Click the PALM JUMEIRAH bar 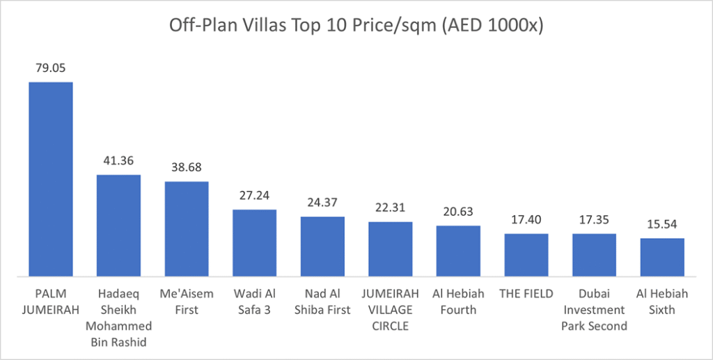(x=50, y=179)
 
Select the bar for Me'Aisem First (x=187, y=229)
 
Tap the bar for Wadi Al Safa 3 (x=254, y=243)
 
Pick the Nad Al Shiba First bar (x=322, y=246)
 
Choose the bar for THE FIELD (x=526, y=255)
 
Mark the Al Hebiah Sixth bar (x=662, y=258)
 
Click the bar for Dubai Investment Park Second (x=595, y=255)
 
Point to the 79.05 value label (x=50, y=69)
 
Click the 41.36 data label (x=118, y=162)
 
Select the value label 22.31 (x=391, y=208)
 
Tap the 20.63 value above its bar (x=459, y=212)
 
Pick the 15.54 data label (x=662, y=225)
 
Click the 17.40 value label (x=526, y=220)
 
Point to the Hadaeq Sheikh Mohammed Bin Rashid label (x=118, y=318)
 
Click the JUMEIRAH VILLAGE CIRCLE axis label (x=391, y=309)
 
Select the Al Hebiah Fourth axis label (x=459, y=302)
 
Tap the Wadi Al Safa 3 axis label (x=254, y=302)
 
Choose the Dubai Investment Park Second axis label (x=595, y=309)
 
